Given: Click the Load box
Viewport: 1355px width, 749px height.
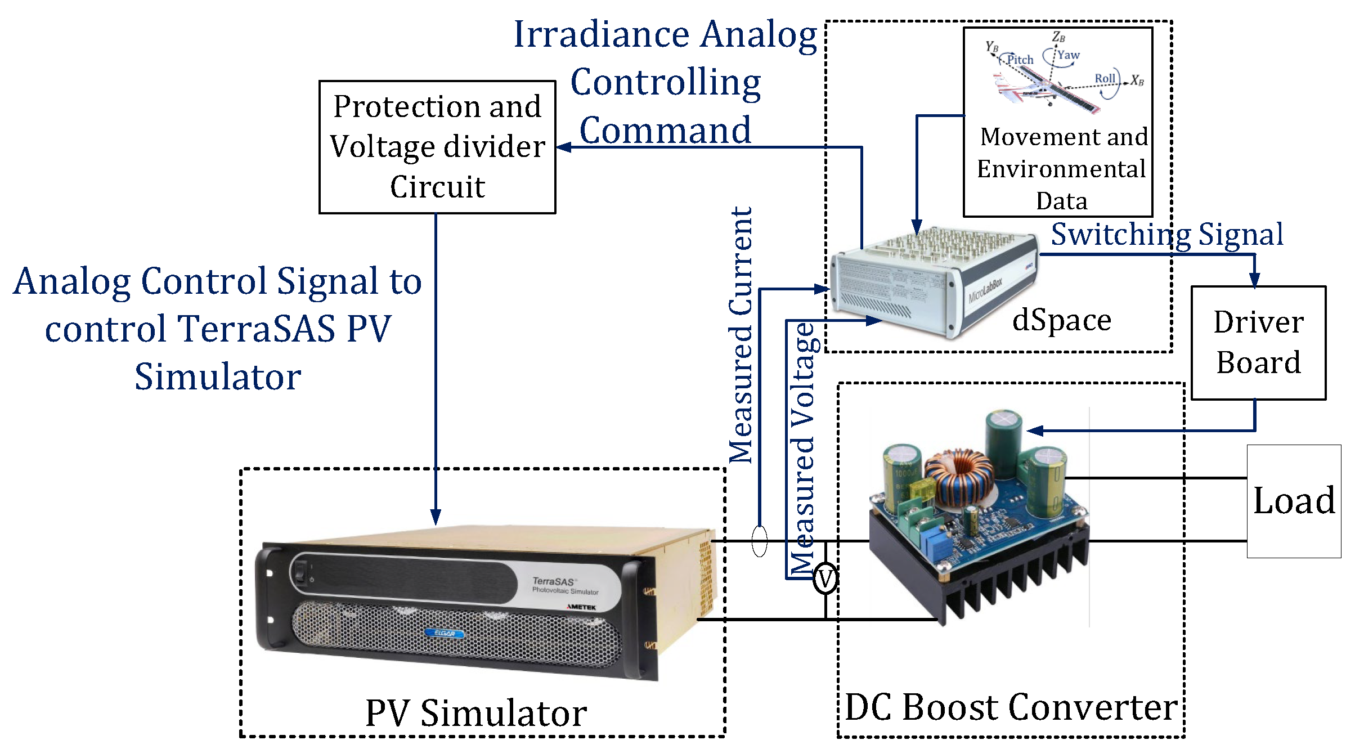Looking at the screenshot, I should (1294, 501).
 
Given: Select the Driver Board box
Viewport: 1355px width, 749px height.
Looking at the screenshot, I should (1258, 343).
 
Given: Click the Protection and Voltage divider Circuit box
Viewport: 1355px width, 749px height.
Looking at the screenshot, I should (437, 147).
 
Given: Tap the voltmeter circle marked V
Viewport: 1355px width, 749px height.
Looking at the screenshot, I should (825, 578).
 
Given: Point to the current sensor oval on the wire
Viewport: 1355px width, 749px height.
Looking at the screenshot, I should (759, 541).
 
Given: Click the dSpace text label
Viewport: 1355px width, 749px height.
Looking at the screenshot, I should (1061, 321).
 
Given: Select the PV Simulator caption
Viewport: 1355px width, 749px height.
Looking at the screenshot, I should (476, 714).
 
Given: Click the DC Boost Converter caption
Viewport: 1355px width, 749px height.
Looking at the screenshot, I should (1011, 707).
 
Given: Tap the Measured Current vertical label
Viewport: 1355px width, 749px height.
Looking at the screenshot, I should (741, 335).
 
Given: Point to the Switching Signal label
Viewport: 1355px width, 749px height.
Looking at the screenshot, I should (1167, 235).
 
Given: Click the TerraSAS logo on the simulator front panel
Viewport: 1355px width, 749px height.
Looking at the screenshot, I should (553, 581).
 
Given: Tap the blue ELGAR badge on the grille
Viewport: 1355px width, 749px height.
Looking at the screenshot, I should (445, 634).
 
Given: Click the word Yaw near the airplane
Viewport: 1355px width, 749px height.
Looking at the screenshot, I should (1068, 55).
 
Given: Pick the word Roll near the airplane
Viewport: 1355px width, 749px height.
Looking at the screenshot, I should (1105, 79).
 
